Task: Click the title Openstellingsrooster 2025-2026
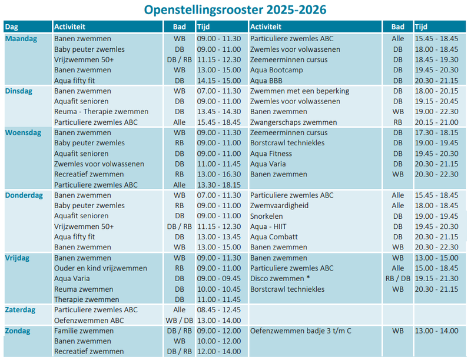point(235,10)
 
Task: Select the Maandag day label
point(21,39)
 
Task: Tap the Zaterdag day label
point(20,309)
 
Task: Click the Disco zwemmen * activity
point(280,278)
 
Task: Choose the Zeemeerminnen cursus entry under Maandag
point(288,60)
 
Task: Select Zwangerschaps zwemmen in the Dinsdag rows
point(293,122)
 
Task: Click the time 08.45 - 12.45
point(218,309)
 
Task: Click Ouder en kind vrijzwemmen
point(101,268)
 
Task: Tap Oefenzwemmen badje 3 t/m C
point(301,331)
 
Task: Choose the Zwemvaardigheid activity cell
point(279,206)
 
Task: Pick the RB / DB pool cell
point(398,278)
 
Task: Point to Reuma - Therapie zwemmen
point(101,112)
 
